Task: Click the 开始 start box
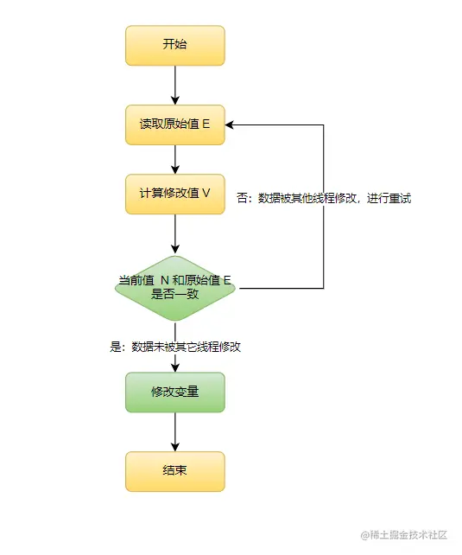(x=174, y=45)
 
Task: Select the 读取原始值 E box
(x=174, y=124)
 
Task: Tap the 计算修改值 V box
(x=174, y=193)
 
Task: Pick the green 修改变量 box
(x=174, y=392)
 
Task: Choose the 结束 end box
(x=174, y=471)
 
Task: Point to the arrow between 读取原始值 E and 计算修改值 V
(x=175, y=158)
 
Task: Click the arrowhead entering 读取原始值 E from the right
(x=231, y=124)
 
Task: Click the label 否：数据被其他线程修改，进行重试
(x=324, y=198)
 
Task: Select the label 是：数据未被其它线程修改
(x=175, y=347)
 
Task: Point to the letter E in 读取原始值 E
(x=206, y=124)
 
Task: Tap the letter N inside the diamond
(x=165, y=280)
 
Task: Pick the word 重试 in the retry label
(x=400, y=198)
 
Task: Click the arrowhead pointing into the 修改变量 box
(x=175, y=367)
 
